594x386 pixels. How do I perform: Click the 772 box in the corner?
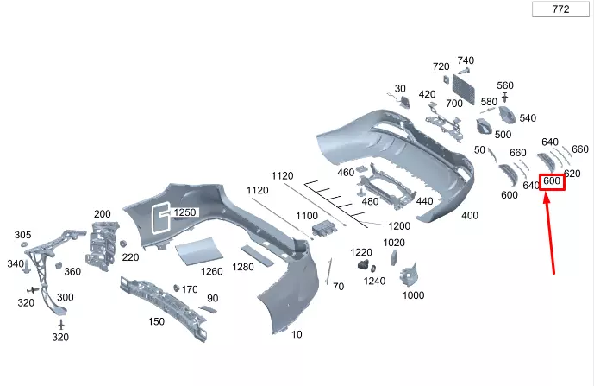(560, 9)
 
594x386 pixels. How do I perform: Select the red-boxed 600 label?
(552, 181)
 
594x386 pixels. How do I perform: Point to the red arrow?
(550, 233)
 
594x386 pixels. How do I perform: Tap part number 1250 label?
(184, 212)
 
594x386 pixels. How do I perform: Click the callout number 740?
(466, 60)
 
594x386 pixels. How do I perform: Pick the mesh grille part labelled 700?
(463, 89)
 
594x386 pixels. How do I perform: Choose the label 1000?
(413, 295)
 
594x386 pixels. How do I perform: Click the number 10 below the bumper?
(297, 334)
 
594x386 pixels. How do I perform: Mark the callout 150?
(156, 321)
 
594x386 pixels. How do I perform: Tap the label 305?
(22, 235)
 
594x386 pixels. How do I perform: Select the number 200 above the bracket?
(103, 214)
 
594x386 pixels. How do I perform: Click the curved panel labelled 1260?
(199, 250)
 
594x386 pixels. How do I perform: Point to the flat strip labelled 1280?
(257, 256)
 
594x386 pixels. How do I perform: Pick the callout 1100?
(307, 216)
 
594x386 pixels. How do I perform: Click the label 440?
(424, 201)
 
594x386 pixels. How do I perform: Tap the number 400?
(470, 216)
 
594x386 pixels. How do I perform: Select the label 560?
(505, 85)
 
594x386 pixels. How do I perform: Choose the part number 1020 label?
(394, 243)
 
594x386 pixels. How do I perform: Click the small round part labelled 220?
(122, 243)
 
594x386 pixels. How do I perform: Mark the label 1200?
(399, 226)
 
